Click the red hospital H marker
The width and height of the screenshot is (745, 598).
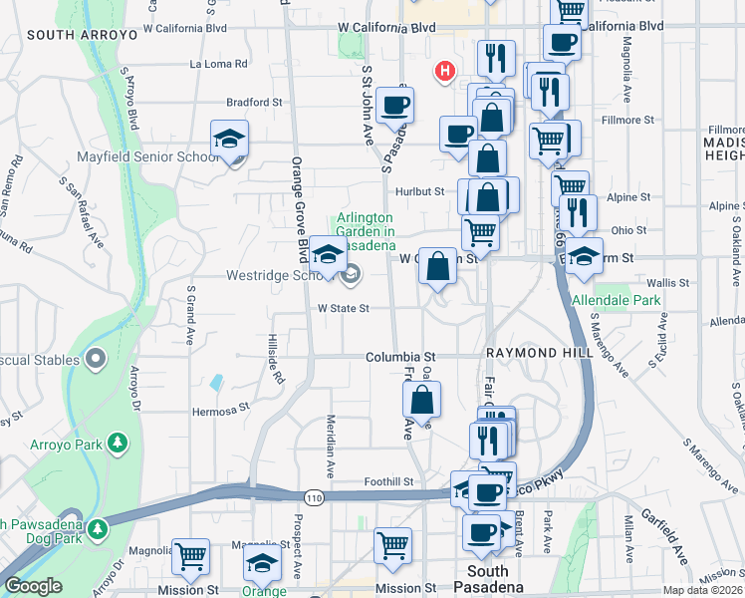tap(445, 72)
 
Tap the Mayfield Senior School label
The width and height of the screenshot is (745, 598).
tap(147, 157)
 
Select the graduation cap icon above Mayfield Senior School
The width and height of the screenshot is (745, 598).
tap(229, 139)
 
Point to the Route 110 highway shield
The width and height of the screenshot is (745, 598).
tap(314, 497)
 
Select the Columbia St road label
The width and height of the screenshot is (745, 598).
tap(400, 357)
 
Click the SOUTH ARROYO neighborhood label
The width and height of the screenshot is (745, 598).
tap(82, 35)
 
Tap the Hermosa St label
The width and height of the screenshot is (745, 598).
tap(221, 410)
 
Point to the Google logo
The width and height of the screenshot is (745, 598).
tap(33, 586)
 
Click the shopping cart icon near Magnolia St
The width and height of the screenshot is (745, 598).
tap(189, 556)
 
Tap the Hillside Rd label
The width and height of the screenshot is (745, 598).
tap(274, 359)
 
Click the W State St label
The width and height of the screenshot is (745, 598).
tap(344, 309)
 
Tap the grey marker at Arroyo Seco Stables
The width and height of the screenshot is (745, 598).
tap(97, 358)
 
